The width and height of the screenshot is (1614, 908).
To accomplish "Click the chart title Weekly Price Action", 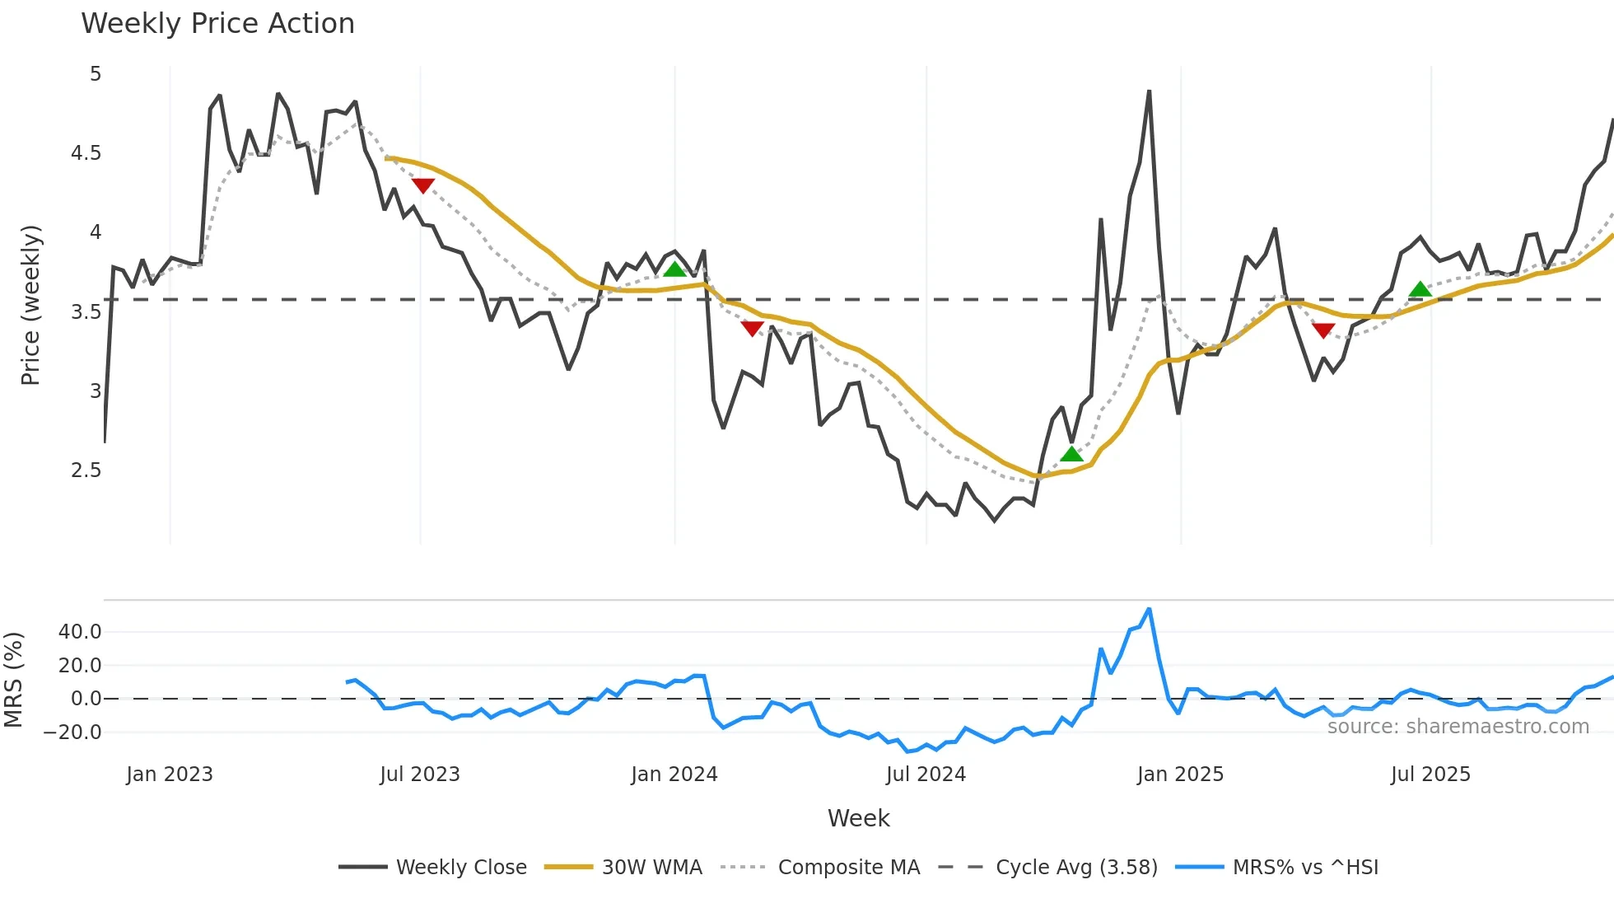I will [x=217, y=24].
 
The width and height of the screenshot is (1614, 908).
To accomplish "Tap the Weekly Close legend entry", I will [x=461, y=867].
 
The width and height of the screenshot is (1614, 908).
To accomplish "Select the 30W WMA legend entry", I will [x=651, y=867].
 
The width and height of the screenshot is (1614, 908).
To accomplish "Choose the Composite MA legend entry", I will [x=848, y=867].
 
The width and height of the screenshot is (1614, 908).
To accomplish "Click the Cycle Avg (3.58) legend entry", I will [x=1076, y=867].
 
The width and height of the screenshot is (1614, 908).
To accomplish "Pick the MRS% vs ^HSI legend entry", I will [x=1305, y=867].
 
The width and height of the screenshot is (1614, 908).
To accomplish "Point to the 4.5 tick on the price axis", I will [x=86, y=153].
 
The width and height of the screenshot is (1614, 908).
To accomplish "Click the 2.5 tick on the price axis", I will [x=86, y=470].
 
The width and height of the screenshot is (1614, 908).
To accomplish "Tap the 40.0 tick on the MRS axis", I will [x=80, y=632].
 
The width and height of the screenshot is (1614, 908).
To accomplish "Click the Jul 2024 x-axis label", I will [x=926, y=775].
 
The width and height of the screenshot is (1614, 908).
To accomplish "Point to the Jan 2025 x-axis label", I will [x=1180, y=775].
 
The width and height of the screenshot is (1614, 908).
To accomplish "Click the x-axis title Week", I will [x=858, y=818].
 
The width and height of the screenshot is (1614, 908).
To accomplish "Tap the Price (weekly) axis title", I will [x=30, y=305].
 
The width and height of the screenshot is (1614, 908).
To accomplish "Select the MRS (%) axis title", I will [x=13, y=680].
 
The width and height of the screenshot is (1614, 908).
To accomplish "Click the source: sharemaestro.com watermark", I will [x=1458, y=727].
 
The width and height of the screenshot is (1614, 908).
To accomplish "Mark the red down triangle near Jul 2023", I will [x=422, y=185].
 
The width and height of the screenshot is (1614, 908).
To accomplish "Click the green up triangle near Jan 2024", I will [x=674, y=269].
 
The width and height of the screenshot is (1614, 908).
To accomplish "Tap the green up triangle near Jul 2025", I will [x=1420, y=289].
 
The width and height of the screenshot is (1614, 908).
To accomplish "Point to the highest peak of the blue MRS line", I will [x=1149, y=610].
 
